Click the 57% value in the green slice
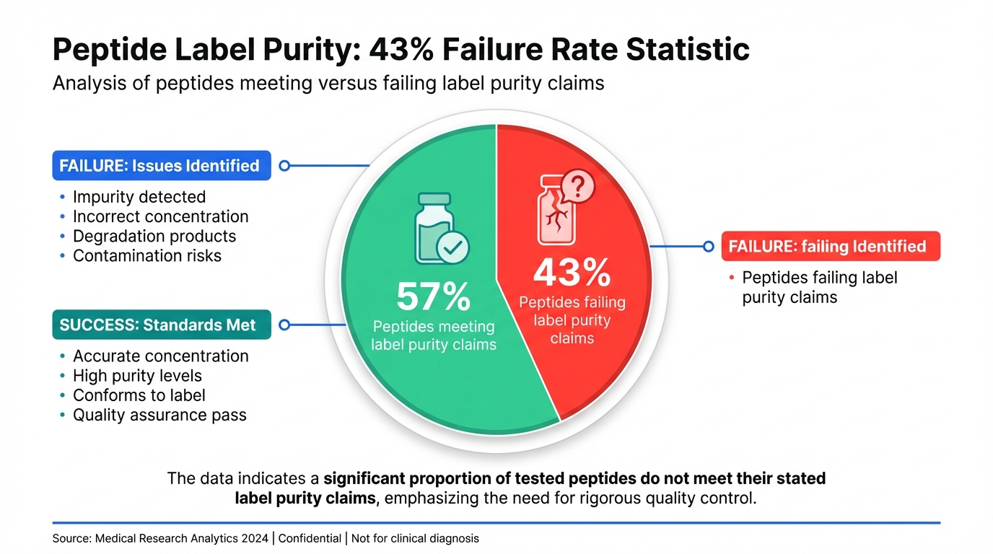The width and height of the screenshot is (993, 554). [x=433, y=296]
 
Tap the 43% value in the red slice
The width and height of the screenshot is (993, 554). [x=572, y=273]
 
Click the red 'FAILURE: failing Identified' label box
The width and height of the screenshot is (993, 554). [x=831, y=246]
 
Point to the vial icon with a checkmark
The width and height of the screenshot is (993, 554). [x=441, y=229]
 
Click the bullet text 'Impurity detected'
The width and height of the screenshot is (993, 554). [x=139, y=197]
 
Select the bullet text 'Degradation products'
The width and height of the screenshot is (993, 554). [x=154, y=236]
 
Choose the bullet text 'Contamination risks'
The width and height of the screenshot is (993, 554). [x=147, y=255]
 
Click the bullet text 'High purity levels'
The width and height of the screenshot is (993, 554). [x=137, y=376]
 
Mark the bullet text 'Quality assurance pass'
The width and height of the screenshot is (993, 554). [x=159, y=415]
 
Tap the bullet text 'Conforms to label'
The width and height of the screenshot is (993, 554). [x=139, y=395]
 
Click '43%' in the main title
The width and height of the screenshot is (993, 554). [x=401, y=50]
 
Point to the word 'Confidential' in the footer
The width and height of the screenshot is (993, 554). [x=310, y=538]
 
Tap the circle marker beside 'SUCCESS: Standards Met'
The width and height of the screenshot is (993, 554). [x=284, y=325]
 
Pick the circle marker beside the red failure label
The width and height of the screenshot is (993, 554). [x=708, y=246]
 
